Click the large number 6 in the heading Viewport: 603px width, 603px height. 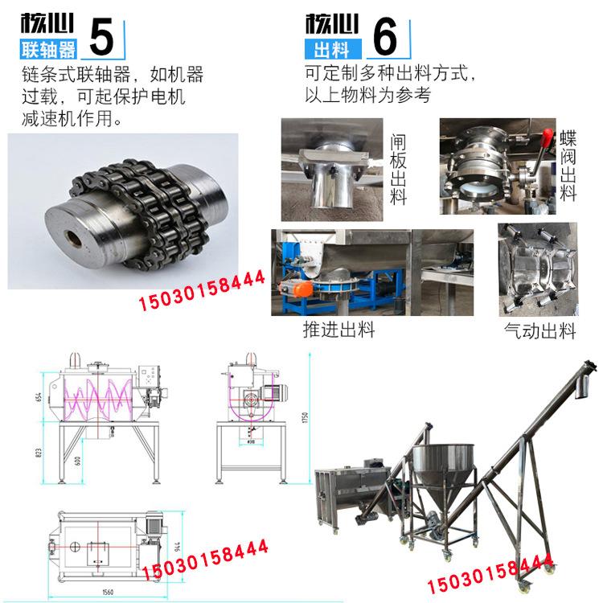click(387, 36)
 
